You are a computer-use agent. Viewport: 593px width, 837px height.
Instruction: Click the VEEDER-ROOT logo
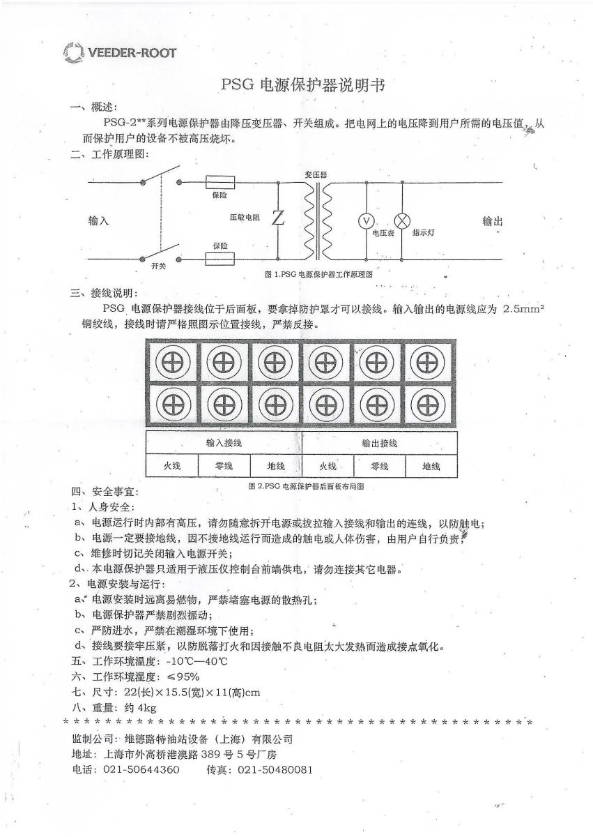(x=119, y=52)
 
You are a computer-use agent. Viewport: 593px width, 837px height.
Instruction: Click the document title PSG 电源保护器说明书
(x=302, y=85)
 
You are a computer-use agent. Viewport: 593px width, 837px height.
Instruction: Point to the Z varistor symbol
(x=278, y=218)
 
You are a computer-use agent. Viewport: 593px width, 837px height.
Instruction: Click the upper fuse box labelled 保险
(x=220, y=183)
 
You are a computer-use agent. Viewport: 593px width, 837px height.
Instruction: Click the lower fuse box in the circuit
(x=220, y=259)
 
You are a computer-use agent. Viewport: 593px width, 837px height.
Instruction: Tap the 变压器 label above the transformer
(x=316, y=174)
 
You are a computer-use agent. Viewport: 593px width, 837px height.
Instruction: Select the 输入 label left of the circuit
(x=99, y=220)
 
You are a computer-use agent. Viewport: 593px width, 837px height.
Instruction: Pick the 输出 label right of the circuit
(x=493, y=221)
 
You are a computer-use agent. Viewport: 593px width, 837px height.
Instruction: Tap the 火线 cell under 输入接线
(x=171, y=466)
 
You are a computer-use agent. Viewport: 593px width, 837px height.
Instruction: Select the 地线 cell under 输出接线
(x=431, y=466)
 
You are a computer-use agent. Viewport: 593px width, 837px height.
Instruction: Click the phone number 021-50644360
(x=141, y=770)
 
